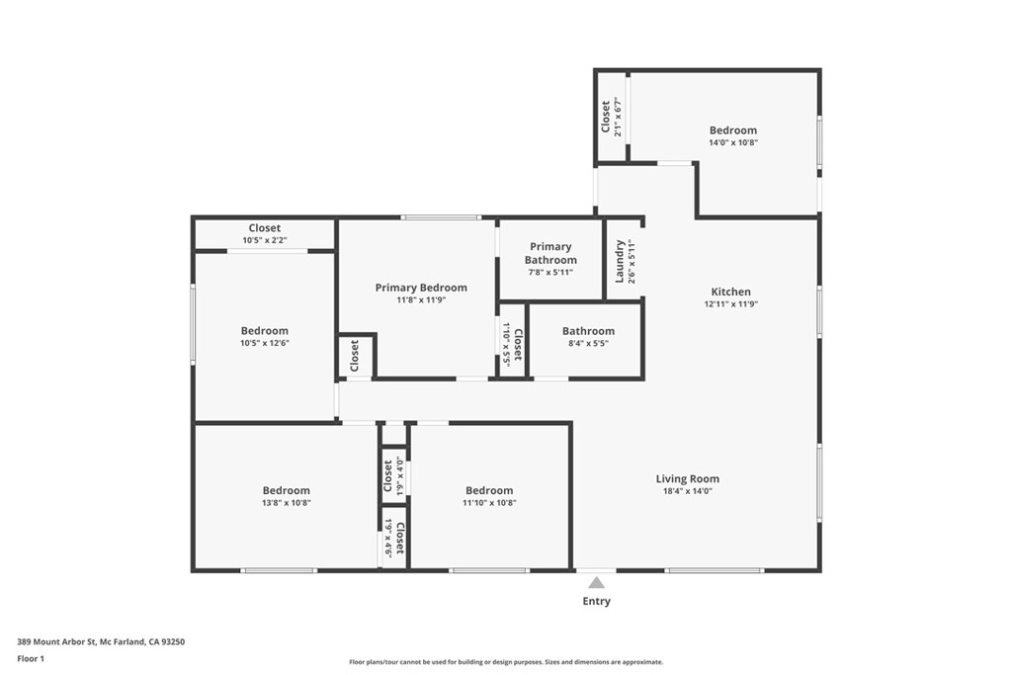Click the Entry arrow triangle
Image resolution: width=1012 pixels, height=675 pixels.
(596, 583)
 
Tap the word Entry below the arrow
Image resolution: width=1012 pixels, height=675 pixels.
(596, 601)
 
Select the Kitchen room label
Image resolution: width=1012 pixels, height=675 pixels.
(730, 292)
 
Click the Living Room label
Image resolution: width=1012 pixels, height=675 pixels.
(688, 478)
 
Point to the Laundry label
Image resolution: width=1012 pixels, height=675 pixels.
(620, 261)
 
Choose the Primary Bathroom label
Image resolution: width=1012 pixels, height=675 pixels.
(550, 253)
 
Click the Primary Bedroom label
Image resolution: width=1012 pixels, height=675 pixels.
(421, 288)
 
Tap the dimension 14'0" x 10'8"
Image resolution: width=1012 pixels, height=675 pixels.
(733, 142)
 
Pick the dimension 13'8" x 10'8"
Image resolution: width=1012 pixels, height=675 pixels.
(286, 503)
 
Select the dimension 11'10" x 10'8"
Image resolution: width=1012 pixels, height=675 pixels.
(489, 503)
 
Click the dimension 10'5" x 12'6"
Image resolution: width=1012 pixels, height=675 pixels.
(265, 343)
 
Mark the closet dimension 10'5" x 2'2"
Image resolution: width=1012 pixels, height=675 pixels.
(265, 240)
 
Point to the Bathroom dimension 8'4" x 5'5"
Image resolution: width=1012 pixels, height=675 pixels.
(589, 343)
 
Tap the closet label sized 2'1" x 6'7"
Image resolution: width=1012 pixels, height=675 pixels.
(606, 117)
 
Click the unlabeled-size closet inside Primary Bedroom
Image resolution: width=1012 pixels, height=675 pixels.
(355, 356)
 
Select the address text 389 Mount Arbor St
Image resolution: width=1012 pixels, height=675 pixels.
(56, 642)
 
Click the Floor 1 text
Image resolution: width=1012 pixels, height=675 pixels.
(31, 659)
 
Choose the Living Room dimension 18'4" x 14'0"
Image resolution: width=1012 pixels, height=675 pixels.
(688, 491)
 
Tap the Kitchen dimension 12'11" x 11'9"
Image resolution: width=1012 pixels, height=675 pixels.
(730, 304)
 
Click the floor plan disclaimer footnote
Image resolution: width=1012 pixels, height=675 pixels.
(506, 662)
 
